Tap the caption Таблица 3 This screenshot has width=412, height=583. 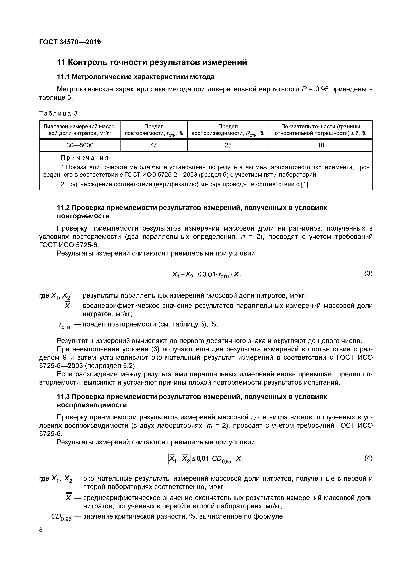(x=58, y=114)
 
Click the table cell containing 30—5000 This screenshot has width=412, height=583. (x=80, y=145)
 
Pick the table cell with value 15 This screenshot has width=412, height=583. (x=154, y=145)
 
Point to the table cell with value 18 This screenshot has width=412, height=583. (x=320, y=145)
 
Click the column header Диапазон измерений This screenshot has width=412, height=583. (x=80, y=130)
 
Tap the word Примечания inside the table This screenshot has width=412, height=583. (x=85, y=158)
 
